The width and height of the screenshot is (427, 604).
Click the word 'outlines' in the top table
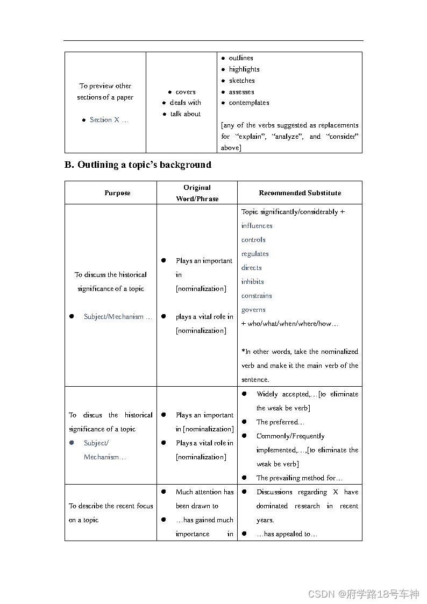[x=241, y=58]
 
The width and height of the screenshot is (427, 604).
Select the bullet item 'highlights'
[x=244, y=69]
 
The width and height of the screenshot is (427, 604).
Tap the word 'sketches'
[x=242, y=81]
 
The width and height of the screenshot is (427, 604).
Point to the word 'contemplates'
[x=249, y=103]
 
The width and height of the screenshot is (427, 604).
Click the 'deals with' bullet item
[x=186, y=103]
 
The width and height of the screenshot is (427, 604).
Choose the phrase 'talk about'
[x=186, y=114]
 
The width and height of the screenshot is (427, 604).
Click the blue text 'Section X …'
[x=109, y=120]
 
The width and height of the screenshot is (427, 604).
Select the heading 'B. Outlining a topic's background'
[x=138, y=165]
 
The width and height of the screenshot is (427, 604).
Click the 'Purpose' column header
[x=117, y=193]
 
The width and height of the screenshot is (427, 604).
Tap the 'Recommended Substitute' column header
[x=300, y=193]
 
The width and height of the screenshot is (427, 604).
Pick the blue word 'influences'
[x=257, y=226]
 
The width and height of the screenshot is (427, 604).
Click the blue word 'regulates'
[x=255, y=254]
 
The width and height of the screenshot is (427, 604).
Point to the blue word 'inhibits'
[x=253, y=282]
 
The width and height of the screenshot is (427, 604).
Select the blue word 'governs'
[x=253, y=310]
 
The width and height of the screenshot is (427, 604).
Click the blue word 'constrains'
[x=257, y=296]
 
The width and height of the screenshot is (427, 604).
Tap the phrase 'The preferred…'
[x=280, y=422]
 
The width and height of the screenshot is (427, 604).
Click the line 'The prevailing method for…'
[x=300, y=478]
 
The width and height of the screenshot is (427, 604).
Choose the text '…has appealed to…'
[x=287, y=534]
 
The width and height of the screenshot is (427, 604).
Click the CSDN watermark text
[x=364, y=594]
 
